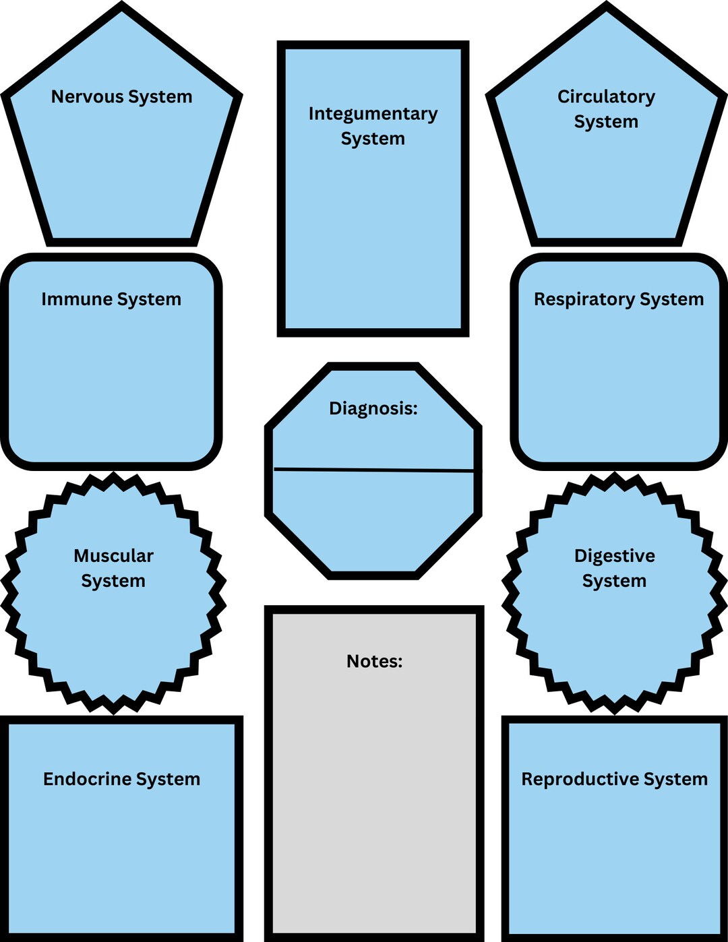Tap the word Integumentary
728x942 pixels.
coord(373,114)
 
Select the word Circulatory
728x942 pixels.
coord(606,97)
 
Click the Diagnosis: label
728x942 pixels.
coord(373,408)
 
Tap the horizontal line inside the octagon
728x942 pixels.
coord(373,470)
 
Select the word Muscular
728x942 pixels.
coord(113,556)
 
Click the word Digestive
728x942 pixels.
coord(614,556)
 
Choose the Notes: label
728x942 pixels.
coord(374,662)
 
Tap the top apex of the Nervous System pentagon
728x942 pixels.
coord(122,8)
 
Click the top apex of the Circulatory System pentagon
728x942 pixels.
coord(606,8)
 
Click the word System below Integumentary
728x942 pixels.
coord(373,139)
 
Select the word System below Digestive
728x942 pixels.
coord(614,581)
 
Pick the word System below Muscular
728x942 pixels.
coord(113,581)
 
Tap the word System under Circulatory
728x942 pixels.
coord(606,122)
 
